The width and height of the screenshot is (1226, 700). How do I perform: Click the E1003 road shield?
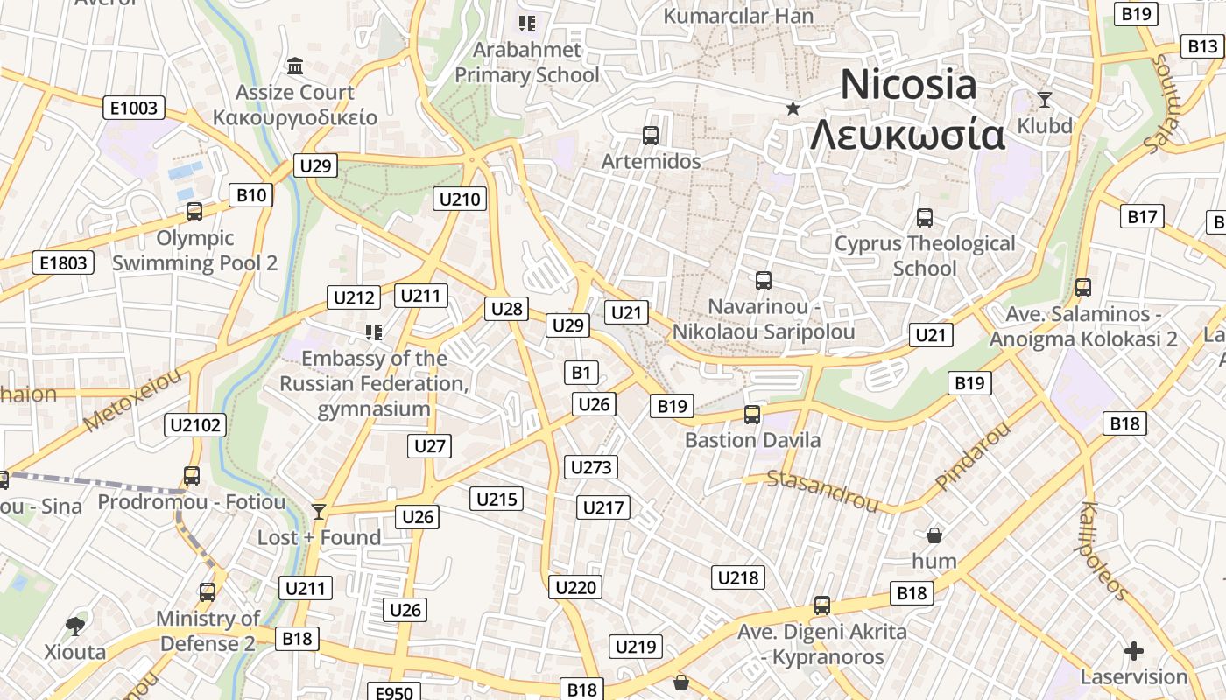(x=134, y=108)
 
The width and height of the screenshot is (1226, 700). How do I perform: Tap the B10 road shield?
(x=250, y=195)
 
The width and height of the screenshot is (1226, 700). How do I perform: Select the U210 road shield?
(x=460, y=199)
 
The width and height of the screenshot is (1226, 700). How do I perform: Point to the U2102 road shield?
(x=196, y=425)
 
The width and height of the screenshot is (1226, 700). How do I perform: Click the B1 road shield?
(x=581, y=373)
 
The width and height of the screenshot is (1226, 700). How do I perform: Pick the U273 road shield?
(x=591, y=466)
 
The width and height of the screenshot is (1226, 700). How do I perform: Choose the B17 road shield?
(x=1142, y=216)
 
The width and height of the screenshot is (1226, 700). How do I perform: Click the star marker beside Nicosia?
(x=793, y=108)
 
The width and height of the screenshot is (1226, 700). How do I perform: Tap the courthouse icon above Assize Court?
(x=295, y=66)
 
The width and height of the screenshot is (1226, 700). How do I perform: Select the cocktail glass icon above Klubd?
(x=1044, y=99)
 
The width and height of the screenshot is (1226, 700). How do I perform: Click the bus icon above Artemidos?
(x=650, y=136)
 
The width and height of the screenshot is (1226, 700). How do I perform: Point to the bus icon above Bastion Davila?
(x=751, y=415)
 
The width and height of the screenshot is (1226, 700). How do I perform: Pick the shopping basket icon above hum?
(x=934, y=535)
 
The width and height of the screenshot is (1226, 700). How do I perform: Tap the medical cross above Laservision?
(x=1134, y=650)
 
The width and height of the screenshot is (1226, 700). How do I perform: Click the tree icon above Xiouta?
(x=75, y=626)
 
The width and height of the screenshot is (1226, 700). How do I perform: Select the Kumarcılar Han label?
(x=738, y=16)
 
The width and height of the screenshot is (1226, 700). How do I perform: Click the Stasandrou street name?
(x=822, y=490)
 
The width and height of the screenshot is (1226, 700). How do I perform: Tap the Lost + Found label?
(x=319, y=537)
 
